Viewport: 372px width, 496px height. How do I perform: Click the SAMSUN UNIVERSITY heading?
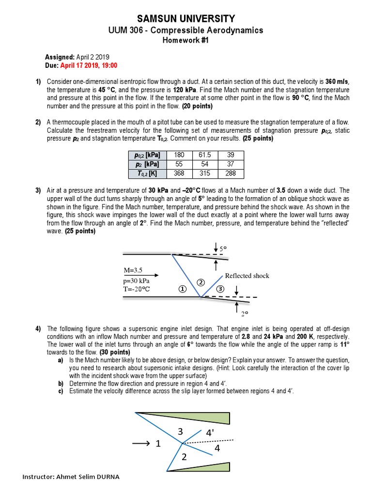click(x=186, y=19)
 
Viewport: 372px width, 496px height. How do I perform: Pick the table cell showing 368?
click(x=179, y=173)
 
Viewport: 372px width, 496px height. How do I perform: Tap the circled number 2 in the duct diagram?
click(x=200, y=282)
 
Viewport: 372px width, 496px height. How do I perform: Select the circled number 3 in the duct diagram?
click(x=220, y=289)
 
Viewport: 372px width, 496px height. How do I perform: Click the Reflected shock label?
click(x=247, y=276)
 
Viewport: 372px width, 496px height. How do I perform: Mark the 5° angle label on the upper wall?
click(x=223, y=248)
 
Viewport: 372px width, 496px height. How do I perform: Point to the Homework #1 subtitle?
click(x=186, y=40)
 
